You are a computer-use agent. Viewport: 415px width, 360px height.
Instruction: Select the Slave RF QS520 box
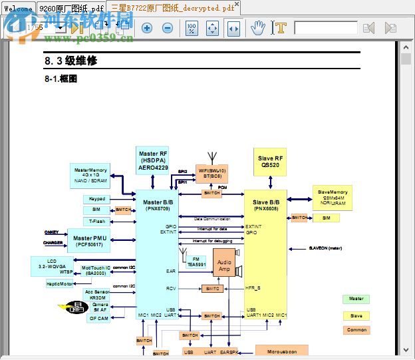(270, 162)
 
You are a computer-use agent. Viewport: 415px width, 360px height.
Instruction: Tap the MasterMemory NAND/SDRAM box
(90, 175)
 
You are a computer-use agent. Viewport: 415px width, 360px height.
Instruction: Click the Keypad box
(97, 199)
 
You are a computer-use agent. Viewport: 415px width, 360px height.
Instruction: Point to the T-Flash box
(97, 221)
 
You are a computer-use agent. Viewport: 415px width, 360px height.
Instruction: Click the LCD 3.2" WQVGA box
(53, 266)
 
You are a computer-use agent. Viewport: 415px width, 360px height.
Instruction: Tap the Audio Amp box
(225, 265)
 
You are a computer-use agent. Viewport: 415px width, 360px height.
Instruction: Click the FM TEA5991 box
(196, 262)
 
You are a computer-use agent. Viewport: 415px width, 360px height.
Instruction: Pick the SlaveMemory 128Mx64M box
(333, 198)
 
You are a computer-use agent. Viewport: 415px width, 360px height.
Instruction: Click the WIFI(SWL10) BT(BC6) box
(212, 174)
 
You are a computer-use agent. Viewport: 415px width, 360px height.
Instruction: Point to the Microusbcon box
(282, 351)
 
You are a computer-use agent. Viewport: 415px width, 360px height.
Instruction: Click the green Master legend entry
(356, 299)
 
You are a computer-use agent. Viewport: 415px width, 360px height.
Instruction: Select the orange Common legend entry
(356, 329)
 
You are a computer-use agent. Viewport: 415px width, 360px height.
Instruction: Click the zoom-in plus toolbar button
(147, 28)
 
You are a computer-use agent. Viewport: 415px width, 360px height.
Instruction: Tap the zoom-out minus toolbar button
(168, 28)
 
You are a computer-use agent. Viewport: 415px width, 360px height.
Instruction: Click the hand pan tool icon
(259, 28)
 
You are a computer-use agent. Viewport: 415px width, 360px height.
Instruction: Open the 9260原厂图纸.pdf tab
(70, 8)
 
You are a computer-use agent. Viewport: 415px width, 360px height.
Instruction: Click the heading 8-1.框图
(61, 79)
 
